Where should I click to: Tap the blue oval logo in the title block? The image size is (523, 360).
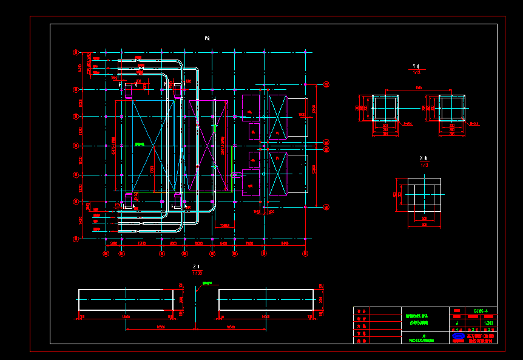click(x=458, y=336)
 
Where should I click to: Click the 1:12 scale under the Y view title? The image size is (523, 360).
click(x=416, y=72)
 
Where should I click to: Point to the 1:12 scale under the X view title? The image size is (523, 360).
click(x=425, y=165)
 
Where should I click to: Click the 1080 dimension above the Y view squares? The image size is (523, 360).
click(x=418, y=89)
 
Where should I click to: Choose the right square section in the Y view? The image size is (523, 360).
click(x=451, y=108)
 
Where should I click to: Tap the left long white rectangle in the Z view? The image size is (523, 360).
click(x=126, y=299)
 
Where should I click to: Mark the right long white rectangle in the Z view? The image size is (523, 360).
click(x=266, y=299)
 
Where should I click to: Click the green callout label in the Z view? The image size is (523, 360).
click(x=209, y=283)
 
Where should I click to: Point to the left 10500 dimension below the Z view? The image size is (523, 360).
click(x=160, y=328)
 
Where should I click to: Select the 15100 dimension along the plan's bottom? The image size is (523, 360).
click(x=141, y=243)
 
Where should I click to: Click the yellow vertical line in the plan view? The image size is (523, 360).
click(x=231, y=183)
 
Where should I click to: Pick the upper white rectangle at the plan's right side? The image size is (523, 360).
click(x=297, y=117)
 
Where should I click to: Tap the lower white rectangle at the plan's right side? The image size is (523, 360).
click(x=297, y=175)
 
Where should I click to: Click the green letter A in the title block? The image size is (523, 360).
click(x=457, y=323)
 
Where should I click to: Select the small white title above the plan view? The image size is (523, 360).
click(x=208, y=38)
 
